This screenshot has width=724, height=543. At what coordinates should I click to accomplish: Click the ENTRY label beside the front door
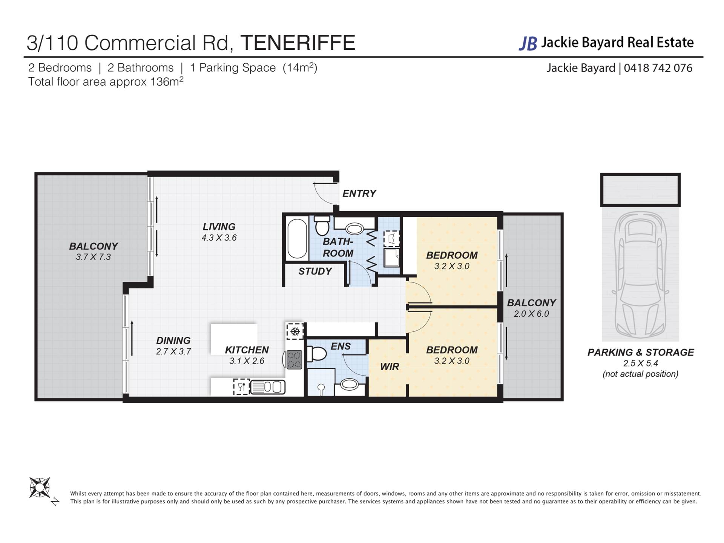(x=359, y=193)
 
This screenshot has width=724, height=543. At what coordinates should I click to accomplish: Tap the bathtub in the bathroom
(x=297, y=239)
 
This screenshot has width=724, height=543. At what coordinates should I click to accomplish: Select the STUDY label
(x=315, y=271)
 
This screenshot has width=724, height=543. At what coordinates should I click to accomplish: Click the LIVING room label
(x=219, y=227)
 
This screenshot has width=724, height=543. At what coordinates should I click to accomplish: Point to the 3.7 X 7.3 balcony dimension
(x=94, y=257)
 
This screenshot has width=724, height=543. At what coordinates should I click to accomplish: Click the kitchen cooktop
(x=295, y=360)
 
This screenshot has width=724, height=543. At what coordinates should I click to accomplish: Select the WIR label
(x=390, y=367)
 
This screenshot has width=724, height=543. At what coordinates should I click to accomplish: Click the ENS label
(x=341, y=346)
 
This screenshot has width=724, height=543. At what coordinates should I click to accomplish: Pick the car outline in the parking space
(x=640, y=274)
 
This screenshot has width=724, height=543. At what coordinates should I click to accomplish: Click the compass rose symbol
(x=40, y=488)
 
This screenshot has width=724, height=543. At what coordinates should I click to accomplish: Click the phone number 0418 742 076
(x=658, y=68)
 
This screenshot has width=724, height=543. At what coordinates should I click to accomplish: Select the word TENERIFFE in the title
(x=298, y=43)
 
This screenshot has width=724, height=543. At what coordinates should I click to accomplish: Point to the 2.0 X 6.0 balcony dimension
(x=531, y=314)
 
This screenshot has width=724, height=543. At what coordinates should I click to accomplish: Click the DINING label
(x=173, y=341)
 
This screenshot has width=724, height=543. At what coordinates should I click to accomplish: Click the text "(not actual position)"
(x=640, y=374)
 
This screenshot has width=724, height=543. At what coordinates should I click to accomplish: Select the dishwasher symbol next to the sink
(x=241, y=387)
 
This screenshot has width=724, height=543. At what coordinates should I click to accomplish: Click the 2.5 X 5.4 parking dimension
(x=640, y=364)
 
